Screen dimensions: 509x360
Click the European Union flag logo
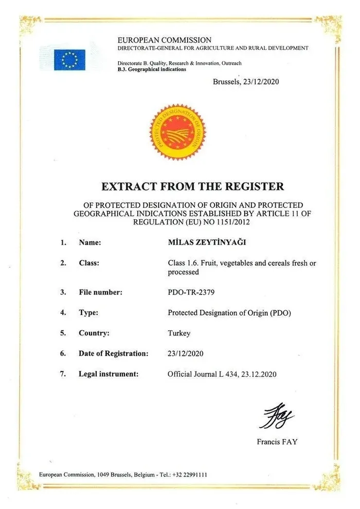coord(70,60)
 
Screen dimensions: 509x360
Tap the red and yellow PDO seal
coord(177,129)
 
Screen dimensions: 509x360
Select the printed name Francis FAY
coord(277,442)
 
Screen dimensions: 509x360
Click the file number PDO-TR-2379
coord(191,292)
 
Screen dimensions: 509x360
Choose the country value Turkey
coord(179,333)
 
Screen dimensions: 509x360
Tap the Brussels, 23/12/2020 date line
coord(246,81)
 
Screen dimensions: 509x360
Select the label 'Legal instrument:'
coord(109,374)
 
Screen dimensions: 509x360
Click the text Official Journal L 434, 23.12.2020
coord(222,374)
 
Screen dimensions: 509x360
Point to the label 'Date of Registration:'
coord(114,354)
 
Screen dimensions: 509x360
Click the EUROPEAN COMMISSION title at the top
coord(165,40)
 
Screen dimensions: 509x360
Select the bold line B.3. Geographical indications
coord(152,69)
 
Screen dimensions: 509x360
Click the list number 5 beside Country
coord(63,333)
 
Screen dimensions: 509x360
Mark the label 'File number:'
coord(101,292)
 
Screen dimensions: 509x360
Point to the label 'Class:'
coord(89,263)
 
